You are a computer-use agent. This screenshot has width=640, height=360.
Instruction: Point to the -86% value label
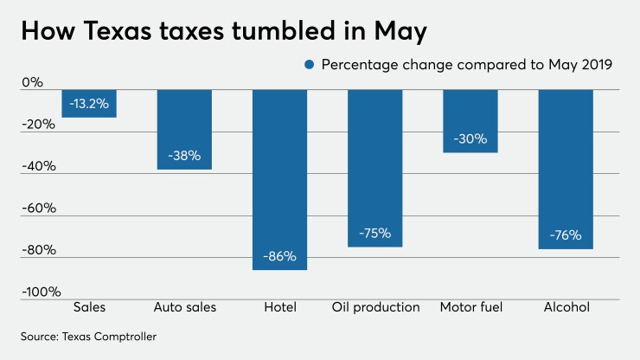pyautogui.click(x=279, y=256)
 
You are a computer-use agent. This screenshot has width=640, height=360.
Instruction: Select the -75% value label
pyautogui.click(x=374, y=234)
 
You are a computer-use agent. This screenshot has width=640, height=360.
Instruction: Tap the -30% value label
pyautogui.click(x=470, y=138)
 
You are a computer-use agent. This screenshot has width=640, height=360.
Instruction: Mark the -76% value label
pyautogui.click(x=566, y=235)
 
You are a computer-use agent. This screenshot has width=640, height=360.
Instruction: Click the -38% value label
pyautogui.click(x=184, y=156)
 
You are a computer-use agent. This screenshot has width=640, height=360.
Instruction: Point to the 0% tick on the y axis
pyautogui.click(x=32, y=83)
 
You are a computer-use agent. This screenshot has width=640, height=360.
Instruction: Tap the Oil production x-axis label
pyautogui.click(x=375, y=307)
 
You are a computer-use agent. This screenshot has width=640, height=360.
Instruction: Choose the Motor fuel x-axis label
pyautogui.click(x=470, y=307)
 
